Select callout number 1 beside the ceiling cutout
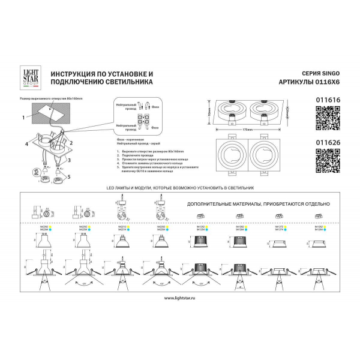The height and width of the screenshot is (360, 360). coord(22,117)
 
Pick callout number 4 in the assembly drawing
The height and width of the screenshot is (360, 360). coord(26,145)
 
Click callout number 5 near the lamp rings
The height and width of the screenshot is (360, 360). coord(68,177)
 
